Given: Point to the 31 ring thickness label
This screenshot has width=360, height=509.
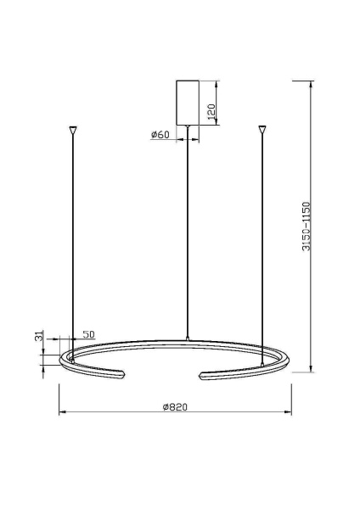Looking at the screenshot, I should [38, 337].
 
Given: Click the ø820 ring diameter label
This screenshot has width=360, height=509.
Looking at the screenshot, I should [174, 407].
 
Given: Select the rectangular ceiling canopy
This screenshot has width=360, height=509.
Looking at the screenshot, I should [187, 102].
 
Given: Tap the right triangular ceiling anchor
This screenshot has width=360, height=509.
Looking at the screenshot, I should [262, 131].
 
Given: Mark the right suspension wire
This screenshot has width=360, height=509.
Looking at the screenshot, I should [262, 246].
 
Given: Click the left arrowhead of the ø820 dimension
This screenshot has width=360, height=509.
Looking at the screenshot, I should [61, 414].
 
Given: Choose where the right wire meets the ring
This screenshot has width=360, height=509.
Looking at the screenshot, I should [262, 361].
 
